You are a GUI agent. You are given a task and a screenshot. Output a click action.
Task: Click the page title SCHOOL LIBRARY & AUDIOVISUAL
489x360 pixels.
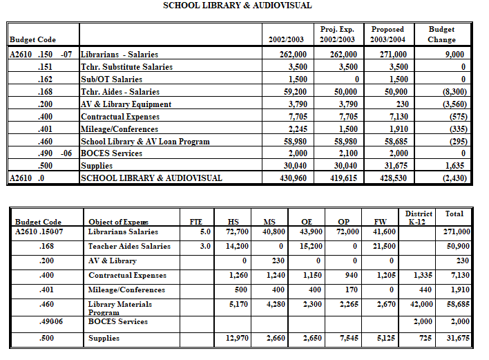[x=237, y=6]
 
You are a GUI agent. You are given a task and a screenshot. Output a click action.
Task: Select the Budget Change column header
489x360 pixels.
[x=441, y=35]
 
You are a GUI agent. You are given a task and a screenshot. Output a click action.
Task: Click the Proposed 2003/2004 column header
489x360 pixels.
[x=387, y=35]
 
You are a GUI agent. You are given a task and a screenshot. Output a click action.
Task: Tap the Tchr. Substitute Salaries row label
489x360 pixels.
[x=126, y=67]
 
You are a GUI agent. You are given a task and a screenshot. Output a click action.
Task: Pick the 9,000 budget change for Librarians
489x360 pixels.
[x=453, y=55]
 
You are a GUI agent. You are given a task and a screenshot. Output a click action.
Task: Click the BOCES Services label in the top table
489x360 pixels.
[x=113, y=154]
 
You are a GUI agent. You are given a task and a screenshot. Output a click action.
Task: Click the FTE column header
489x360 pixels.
[x=195, y=222]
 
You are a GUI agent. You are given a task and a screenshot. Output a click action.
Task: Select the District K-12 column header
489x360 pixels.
[x=419, y=218]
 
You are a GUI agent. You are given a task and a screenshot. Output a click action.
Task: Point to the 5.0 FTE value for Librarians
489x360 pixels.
[x=205, y=232]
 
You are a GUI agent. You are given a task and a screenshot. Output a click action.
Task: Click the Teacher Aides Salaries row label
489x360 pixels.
[x=129, y=246]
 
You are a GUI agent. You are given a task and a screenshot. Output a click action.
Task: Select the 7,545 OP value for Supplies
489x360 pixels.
[x=347, y=338]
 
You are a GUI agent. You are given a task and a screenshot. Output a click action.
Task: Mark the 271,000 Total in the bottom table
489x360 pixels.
[x=457, y=232]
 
